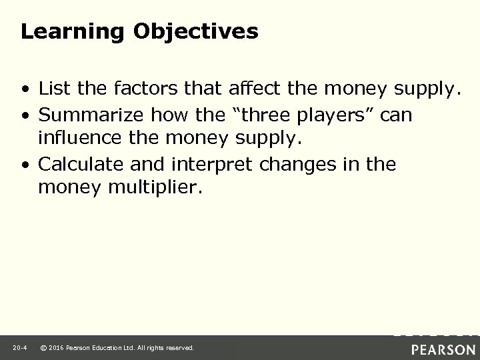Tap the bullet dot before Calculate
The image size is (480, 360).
click(25, 165)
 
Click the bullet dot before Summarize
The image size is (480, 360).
click(25, 115)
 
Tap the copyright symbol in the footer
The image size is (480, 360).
click(44, 348)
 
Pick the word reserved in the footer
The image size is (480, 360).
click(179, 348)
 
